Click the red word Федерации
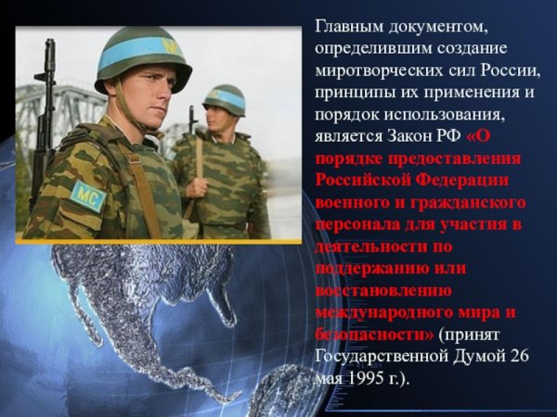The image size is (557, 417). (x=464, y=180)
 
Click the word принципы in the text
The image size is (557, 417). (x=355, y=92)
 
